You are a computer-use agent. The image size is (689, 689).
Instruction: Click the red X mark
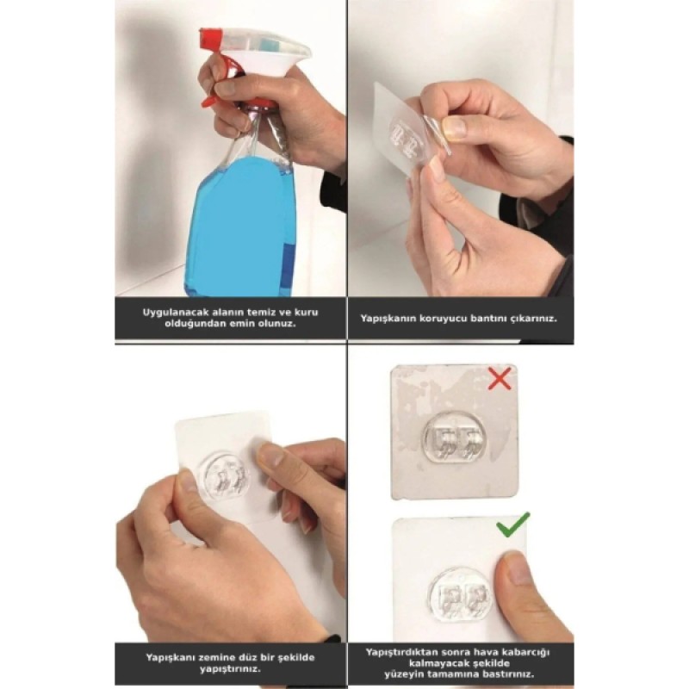(500, 377)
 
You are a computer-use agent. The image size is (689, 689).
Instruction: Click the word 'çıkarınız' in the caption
(531, 318)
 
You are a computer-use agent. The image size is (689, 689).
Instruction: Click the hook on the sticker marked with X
(455, 441)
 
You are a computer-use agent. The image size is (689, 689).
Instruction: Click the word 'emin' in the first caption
(256, 324)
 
